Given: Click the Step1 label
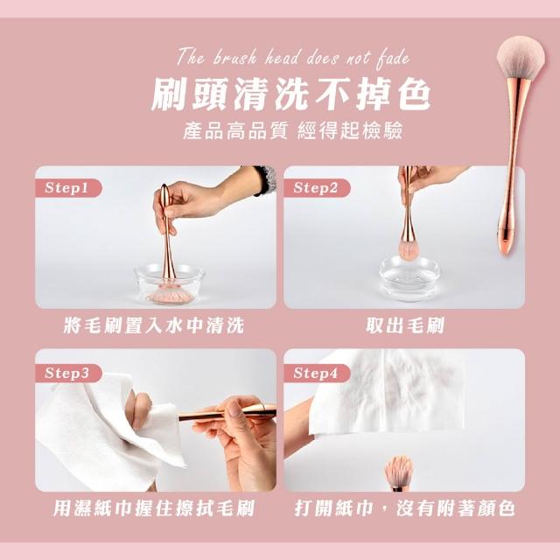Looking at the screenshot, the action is (66, 188).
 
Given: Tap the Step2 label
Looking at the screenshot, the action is (315, 188).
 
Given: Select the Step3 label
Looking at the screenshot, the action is (66, 374).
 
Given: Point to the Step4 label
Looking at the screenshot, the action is (315, 374).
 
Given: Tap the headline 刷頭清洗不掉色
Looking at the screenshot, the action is (291, 94).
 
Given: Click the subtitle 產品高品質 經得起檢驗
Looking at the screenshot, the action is (292, 130).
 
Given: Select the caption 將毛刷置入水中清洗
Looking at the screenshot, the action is (154, 325).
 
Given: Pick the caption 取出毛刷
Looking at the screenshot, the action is (405, 325).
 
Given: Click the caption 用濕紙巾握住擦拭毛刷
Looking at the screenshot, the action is (154, 508).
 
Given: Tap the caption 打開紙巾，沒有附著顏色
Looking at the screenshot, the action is (404, 508).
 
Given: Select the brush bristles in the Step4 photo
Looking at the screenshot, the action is (399, 470).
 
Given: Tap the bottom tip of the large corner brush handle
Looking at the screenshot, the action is (504, 253).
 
